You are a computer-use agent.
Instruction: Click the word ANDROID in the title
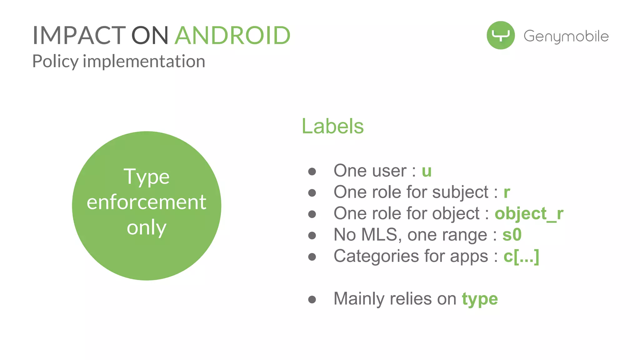(232, 35)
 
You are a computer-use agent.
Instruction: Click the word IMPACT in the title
(79, 35)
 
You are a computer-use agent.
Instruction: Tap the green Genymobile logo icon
(501, 35)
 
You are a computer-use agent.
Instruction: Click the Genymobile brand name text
(566, 36)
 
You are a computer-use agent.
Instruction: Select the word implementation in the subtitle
(144, 61)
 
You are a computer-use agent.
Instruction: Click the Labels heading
(332, 126)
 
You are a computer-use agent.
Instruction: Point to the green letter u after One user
(427, 171)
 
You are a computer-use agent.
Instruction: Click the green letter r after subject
(507, 192)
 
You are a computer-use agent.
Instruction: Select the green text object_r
(529, 214)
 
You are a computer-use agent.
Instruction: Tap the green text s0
(512, 235)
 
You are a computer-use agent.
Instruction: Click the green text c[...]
(521, 257)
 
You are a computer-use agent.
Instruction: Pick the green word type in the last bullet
(480, 299)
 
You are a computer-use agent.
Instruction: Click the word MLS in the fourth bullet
(379, 235)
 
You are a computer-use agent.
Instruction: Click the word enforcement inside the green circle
(146, 202)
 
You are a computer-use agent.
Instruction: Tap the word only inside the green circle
(146, 228)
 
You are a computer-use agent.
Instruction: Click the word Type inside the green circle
(146, 177)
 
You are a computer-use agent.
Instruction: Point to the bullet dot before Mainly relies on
(312, 300)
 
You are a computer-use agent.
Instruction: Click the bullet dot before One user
(312, 172)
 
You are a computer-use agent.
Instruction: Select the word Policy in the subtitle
(55, 61)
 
